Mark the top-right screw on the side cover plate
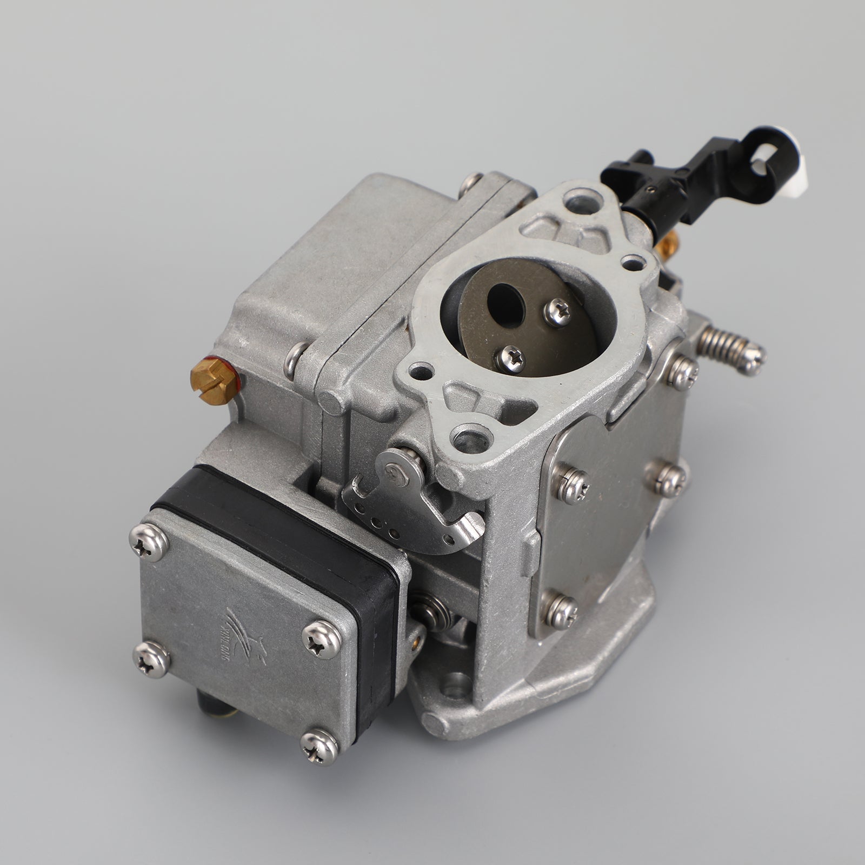click(683, 371)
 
